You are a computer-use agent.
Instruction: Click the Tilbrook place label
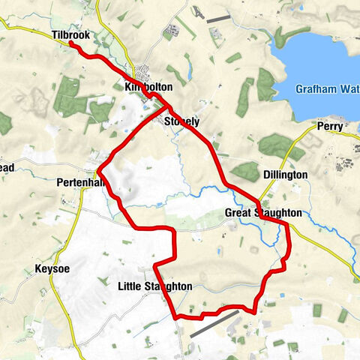click(71, 34)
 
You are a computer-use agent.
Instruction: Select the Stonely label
click(181, 121)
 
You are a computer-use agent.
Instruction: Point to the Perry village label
click(329, 127)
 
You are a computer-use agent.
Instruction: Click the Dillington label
click(286, 175)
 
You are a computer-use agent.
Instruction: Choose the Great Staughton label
click(263, 214)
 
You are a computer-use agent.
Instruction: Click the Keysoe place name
click(52, 268)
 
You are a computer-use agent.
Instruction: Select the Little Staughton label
click(154, 286)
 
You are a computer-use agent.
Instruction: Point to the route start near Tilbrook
click(70, 43)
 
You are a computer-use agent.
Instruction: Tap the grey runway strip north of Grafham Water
click(217, 17)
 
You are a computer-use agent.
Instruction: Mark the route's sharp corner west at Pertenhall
click(98, 171)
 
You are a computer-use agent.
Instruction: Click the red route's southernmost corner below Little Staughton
click(178, 317)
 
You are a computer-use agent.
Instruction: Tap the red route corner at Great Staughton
click(287, 223)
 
